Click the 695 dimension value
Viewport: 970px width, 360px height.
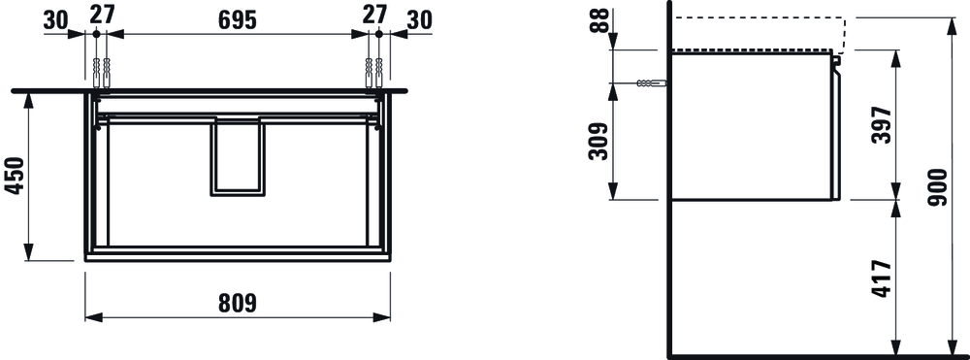coord(237,20)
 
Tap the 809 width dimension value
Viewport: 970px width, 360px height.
coord(237,303)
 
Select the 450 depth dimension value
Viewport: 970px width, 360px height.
coord(15,177)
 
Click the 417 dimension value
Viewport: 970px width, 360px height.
coord(882,278)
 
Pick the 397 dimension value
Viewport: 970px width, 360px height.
coord(882,125)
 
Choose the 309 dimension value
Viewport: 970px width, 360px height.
coord(598,141)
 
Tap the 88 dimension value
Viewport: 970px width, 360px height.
coord(598,20)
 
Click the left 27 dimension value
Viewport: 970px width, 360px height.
coord(102,14)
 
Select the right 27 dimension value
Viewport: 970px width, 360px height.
coord(374,14)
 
